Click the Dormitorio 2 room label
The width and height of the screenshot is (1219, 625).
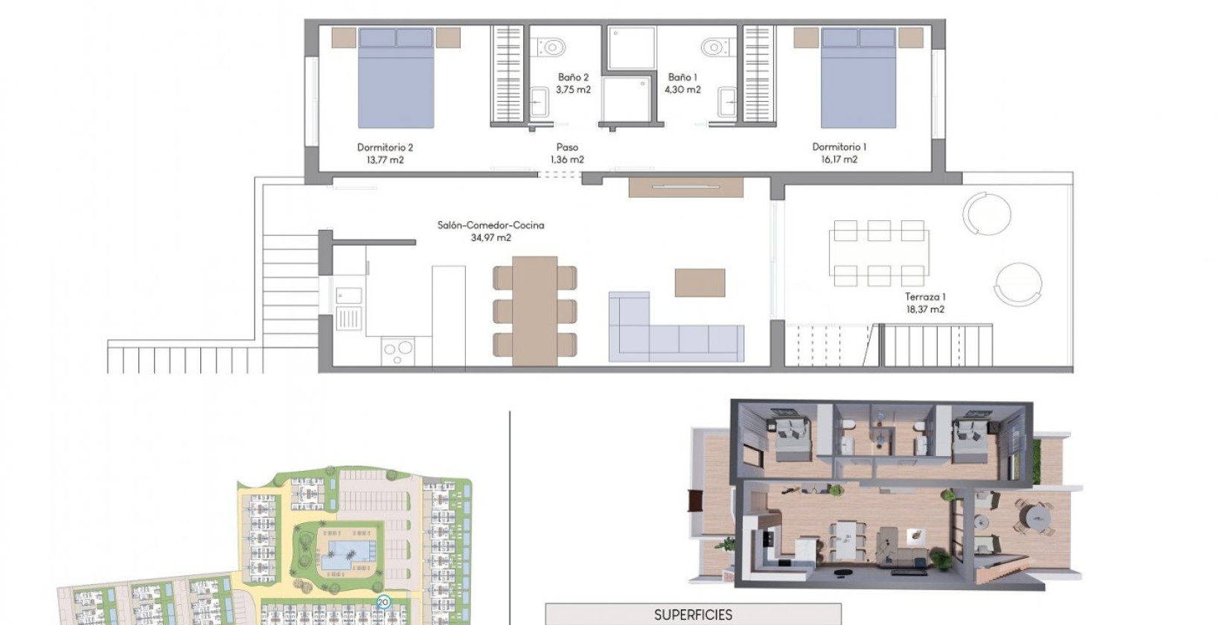(385, 147)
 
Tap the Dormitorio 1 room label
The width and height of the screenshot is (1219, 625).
(839, 147)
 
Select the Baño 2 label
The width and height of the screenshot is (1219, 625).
(573, 77)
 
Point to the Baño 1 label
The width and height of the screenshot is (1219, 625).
(682, 77)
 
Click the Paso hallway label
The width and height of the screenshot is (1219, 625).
(567, 147)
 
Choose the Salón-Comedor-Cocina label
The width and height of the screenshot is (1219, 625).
(490, 225)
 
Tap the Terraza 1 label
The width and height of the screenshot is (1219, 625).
(925, 297)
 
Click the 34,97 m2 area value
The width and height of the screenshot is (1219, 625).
(490, 238)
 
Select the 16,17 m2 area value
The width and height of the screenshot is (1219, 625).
(839, 159)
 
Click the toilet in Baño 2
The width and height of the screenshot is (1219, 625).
(550, 48)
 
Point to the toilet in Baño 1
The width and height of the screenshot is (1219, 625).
(714, 48)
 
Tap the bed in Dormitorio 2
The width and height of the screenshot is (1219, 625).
(395, 78)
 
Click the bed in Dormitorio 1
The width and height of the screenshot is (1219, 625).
(858, 78)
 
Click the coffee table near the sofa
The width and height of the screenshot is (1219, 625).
(700, 283)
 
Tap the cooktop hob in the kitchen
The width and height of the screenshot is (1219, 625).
(397, 350)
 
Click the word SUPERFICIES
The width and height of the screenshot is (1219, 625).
(693, 615)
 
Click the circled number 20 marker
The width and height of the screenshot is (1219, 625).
(383, 602)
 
